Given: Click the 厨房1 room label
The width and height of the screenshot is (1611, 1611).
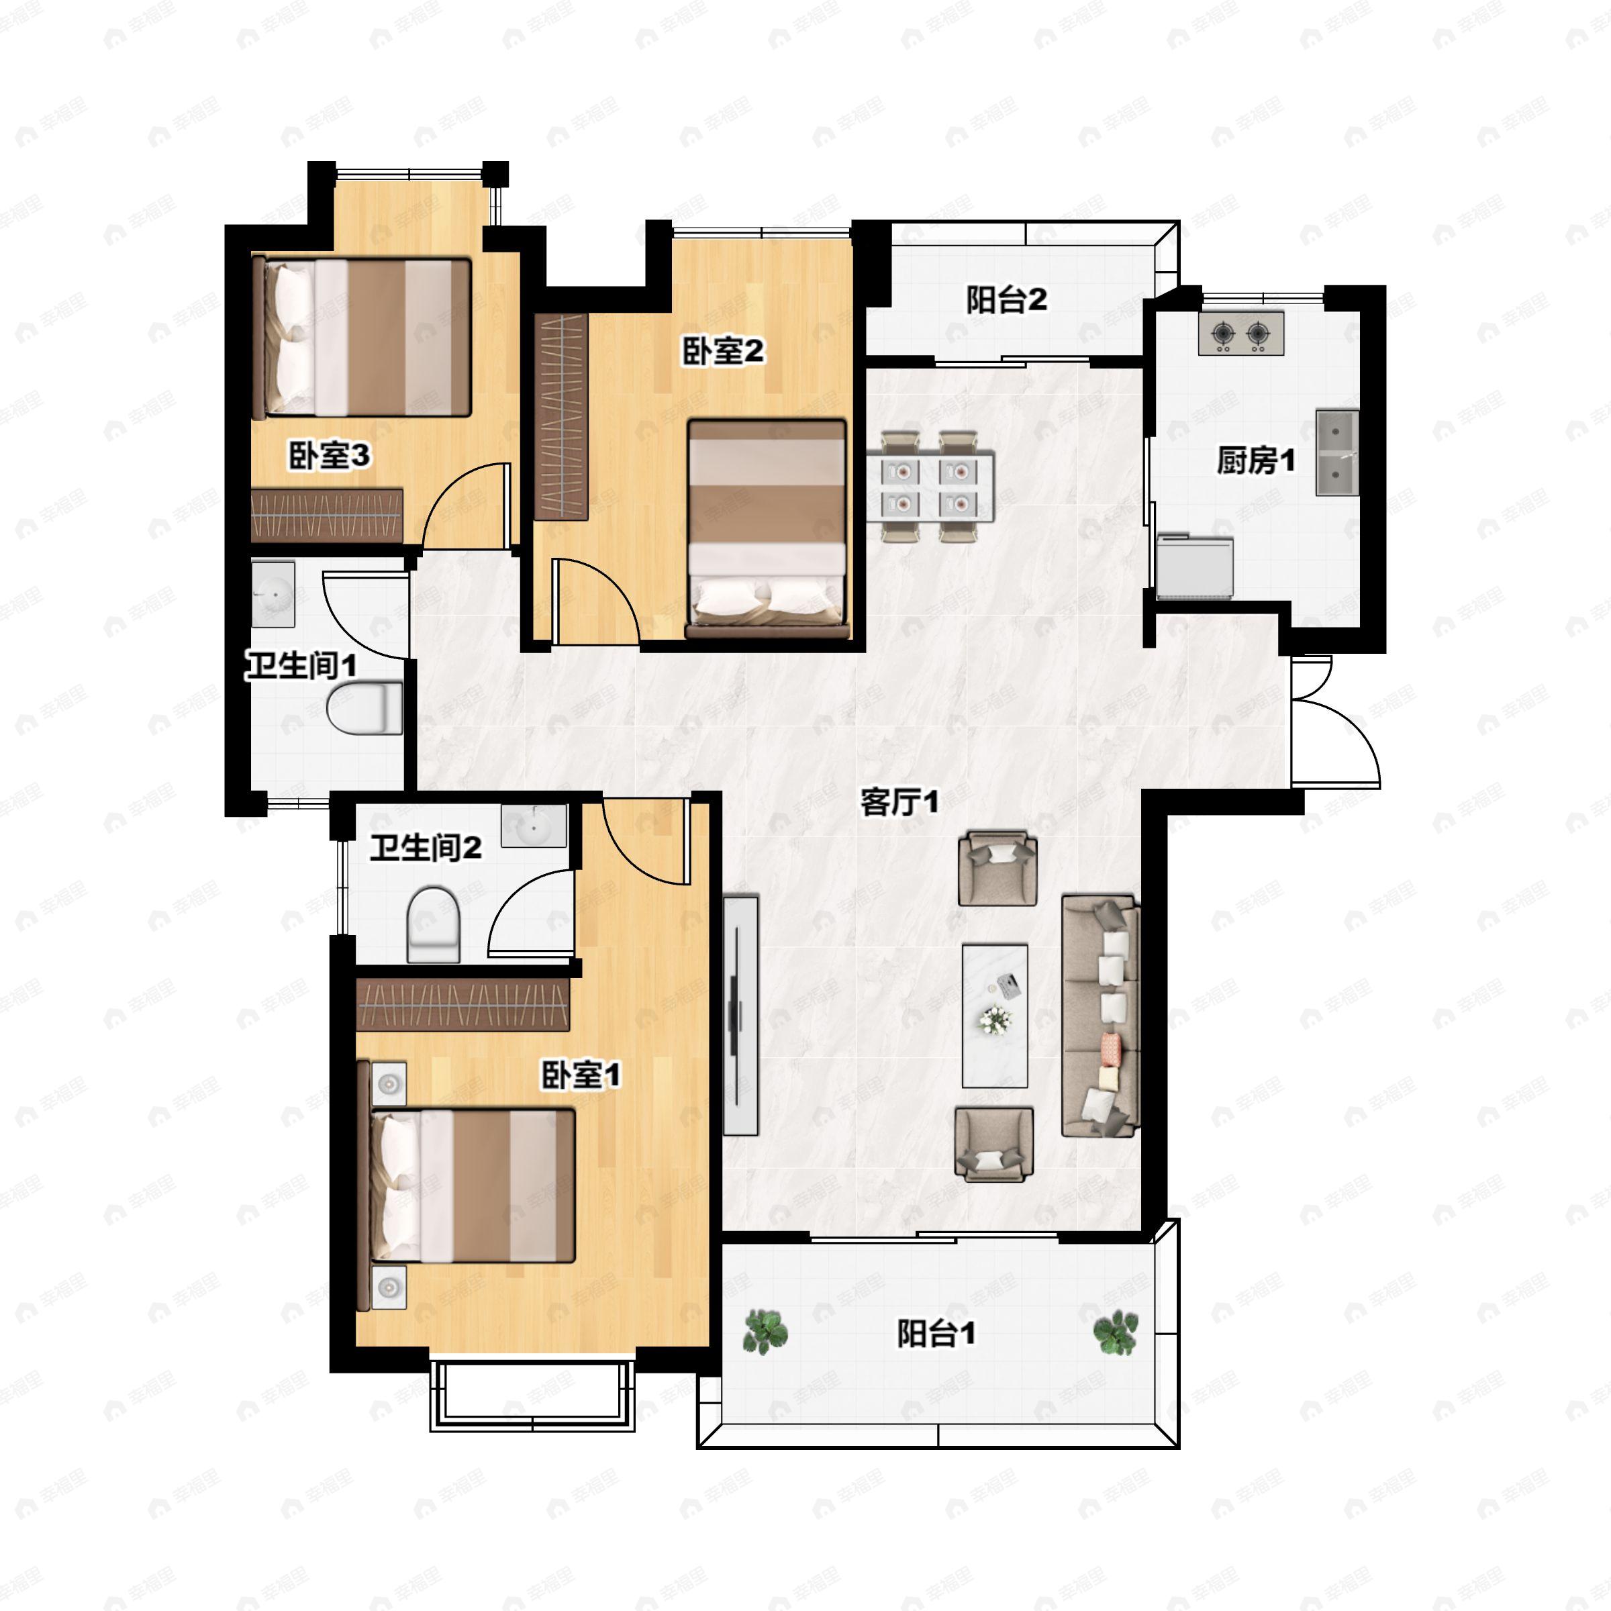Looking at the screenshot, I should [1255, 460].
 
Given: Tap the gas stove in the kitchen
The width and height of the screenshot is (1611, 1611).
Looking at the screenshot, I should [1240, 334].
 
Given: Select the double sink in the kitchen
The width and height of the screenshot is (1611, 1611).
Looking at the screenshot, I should [1336, 453].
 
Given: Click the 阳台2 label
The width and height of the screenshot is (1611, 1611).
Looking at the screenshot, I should [1006, 300].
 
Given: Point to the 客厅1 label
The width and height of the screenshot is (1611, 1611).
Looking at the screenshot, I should [899, 803].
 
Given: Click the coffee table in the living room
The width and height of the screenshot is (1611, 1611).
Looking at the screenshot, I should [994, 1016].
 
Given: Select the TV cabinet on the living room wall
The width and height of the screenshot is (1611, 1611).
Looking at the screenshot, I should [740, 1015].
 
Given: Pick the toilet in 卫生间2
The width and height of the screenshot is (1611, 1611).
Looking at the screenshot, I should [434, 925].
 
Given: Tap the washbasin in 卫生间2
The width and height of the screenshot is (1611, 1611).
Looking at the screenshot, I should [534, 826].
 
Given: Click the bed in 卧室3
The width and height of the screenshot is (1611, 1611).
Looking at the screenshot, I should [362, 338].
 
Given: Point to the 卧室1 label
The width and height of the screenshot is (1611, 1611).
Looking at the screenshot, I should [581, 1075].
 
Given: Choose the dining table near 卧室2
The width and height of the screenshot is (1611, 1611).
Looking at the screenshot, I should [930, 485].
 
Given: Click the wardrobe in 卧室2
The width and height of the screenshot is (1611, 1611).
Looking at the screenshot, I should [561, 417].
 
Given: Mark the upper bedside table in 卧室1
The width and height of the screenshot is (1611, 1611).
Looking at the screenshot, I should [389, 1083].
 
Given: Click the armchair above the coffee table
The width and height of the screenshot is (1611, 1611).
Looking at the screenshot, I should [997, 868].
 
